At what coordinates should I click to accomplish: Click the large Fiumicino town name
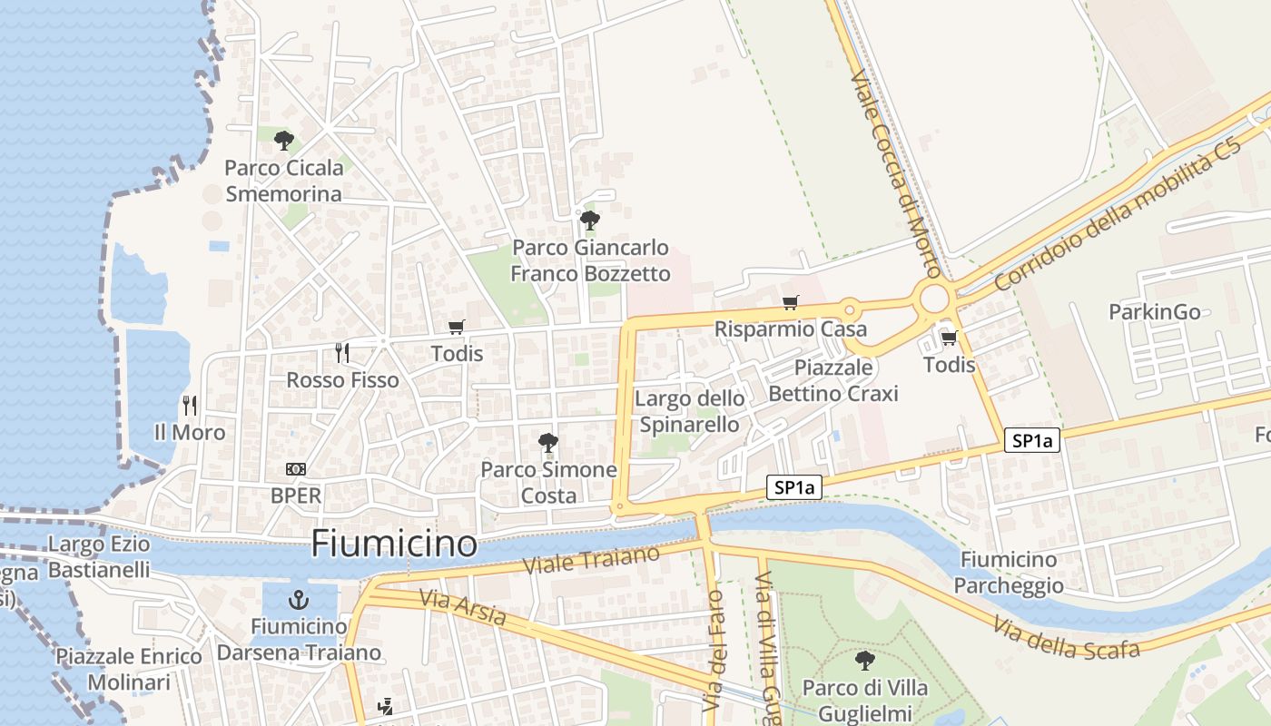coord(394,544)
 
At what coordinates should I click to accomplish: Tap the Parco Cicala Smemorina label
coord(284,181)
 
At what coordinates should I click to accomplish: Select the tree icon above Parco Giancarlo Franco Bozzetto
coord(590,220)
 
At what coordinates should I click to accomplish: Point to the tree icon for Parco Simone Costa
coord(547,443)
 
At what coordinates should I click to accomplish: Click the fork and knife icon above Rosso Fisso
coord(342,352)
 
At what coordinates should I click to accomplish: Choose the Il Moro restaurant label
coord(190,432)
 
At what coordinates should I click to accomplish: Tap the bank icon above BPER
coord(296,469)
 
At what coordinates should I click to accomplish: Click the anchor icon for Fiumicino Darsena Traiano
coord(299,599)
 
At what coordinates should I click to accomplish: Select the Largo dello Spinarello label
coord(690,411)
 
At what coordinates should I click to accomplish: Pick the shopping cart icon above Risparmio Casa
coord(790,302)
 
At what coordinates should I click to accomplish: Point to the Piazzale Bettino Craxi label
coord(833,380)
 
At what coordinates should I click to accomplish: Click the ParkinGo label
coord(1155,312)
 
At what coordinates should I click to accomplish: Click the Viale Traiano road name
coord(592,559)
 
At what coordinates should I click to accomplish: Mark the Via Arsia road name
coord(463,607)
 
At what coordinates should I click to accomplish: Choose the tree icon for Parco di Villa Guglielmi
coord(865,660)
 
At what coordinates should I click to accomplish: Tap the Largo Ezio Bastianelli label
coord(99,557)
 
